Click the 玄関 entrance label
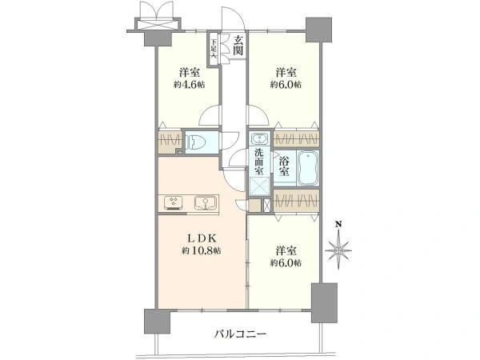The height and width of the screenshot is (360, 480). (x=238, y=46)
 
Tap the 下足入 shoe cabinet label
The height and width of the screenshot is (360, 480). (x=214, y=49)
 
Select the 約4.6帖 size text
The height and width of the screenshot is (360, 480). (x=190, y=85)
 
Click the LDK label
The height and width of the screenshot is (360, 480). (x=202, y=238)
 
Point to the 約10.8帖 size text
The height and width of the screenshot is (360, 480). (x=202, y=250)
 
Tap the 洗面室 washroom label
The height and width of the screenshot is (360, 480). (x=259, y=162)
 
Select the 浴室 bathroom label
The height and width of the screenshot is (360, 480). (x=284, y=166)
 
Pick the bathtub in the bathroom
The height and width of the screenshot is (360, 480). (x=308, y=168)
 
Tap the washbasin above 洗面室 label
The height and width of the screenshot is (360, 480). (x=260, y=139)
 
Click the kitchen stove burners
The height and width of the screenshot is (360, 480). (x=174, y=203)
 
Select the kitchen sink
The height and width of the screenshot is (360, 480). (x=206, y=203)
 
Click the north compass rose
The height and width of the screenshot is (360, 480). (x=338, y=250)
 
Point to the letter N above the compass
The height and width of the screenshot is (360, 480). (x=338, y=224)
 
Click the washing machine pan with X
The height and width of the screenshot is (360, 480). (x=259, y=186)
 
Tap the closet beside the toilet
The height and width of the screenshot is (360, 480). (x=170, y=142)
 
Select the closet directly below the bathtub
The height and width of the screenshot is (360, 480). (x=296, y=201)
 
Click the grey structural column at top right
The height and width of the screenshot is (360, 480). (x=319, y=30)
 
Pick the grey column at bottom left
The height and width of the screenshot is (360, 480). (x=157, y=322)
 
